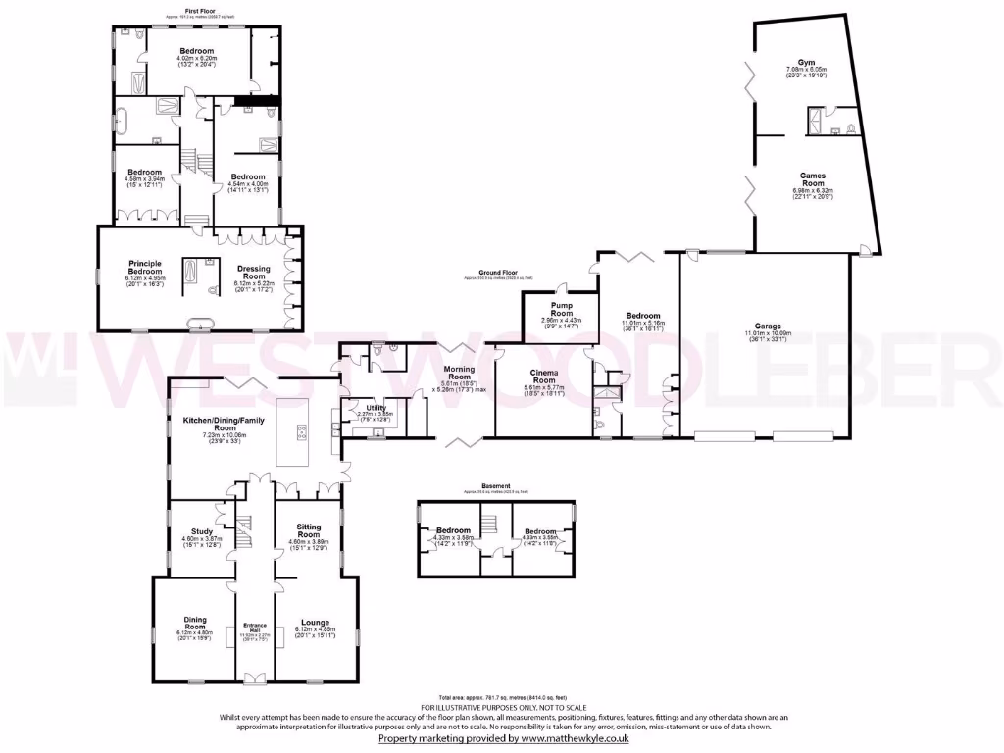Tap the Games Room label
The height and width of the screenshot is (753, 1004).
[812, 180]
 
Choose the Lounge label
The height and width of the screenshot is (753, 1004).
[315, 622]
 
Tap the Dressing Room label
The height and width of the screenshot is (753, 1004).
[252, 272]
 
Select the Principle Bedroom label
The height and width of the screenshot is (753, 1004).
[144, 268]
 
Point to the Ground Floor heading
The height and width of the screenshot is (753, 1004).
[498, 272]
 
